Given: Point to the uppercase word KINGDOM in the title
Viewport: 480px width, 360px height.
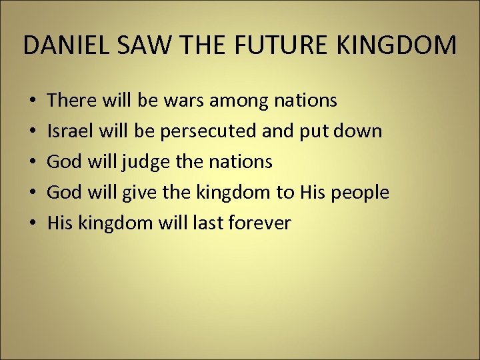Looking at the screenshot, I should click(404, 45).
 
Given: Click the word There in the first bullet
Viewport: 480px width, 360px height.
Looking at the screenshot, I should click(71, 101).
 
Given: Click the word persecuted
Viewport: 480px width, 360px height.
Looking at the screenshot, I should click(207, 131).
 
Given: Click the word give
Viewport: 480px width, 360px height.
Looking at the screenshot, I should click(139, 193).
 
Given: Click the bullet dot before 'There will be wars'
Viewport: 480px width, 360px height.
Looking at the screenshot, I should click(33, 101).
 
